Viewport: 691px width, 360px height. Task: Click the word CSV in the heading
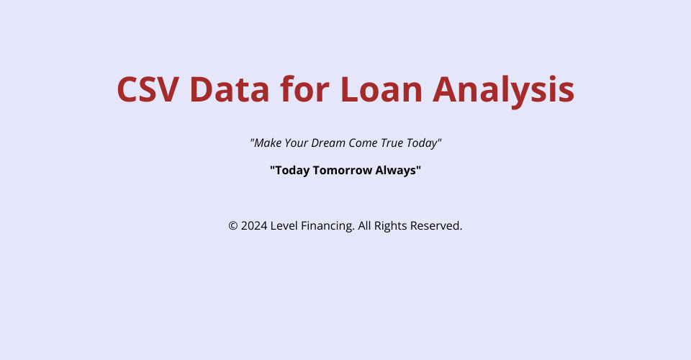[148, 89]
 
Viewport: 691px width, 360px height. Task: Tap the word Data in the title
[229, 89]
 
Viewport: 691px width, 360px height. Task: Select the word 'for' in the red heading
[304, 89]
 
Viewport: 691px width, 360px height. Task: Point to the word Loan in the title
[381, 89]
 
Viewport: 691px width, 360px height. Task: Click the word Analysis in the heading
[504, 90]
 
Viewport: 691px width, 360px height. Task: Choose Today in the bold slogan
[290, 171]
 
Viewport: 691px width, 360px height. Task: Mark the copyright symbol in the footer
[233, 226]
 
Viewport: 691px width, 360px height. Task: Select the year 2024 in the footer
[254, 225]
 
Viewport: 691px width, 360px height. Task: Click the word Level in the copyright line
[284, 225]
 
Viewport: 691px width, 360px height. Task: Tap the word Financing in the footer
[328, 226]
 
